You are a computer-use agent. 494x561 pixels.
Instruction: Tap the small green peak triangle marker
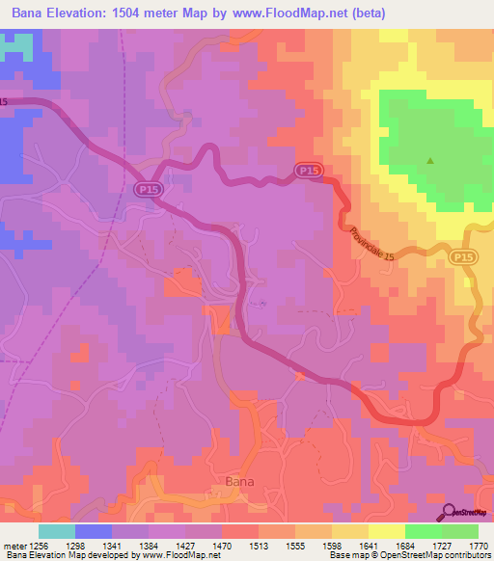[x=430, y=161]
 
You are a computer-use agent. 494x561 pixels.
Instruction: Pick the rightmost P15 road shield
[x=462, y=255]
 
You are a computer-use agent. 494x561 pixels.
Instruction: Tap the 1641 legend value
[x=369, y=545]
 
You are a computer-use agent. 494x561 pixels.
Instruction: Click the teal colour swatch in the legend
[x=57, y=530]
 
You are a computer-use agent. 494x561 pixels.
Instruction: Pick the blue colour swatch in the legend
[x=93, y=530]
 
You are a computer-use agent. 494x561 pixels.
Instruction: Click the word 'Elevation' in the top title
[x=86, y=13]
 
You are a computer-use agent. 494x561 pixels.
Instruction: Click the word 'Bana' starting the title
[x=29, y=13]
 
